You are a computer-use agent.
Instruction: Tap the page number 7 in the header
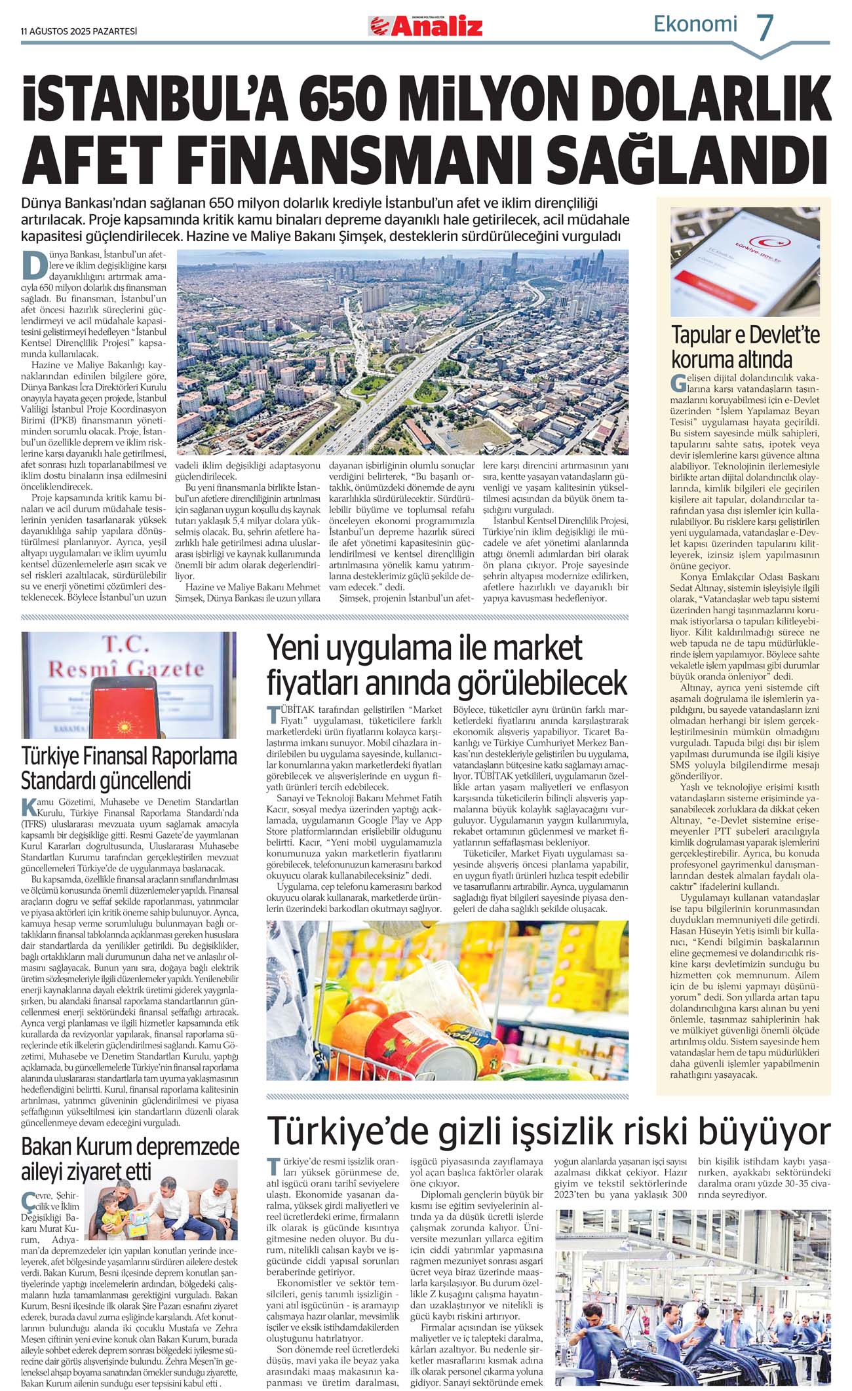point(765,28)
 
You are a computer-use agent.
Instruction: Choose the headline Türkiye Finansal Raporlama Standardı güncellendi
point(128,768)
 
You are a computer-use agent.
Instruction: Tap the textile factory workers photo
point(692,1298)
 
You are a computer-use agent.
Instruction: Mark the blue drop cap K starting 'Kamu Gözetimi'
point(28,807)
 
